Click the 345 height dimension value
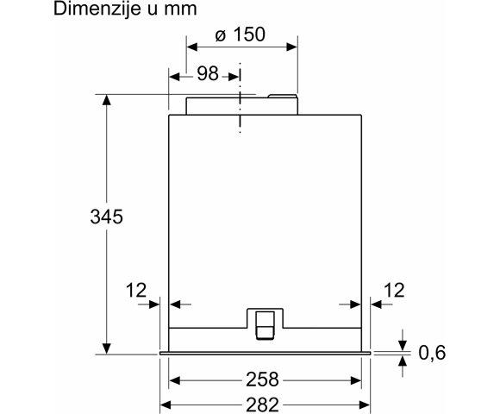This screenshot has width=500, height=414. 107,217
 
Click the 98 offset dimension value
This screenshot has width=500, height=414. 208,75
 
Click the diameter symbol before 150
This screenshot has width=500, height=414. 220,37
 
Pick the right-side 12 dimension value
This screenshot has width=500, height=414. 393,291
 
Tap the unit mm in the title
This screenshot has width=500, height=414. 182,9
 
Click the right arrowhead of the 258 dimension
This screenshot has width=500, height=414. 356,379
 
